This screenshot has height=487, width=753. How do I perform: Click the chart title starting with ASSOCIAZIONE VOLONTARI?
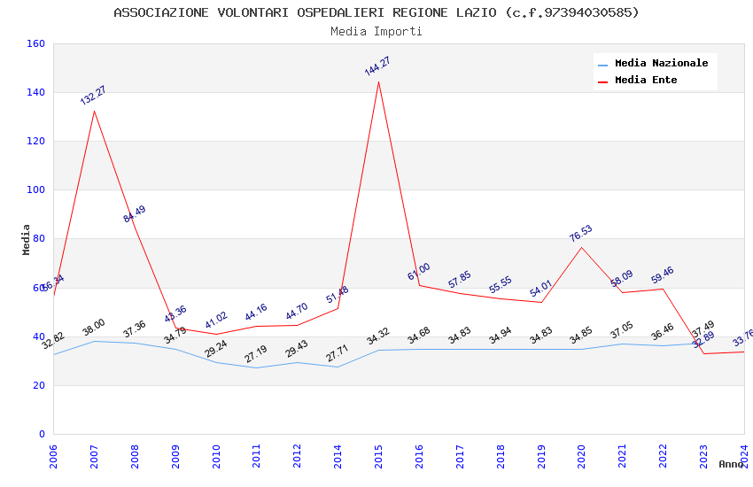point(376,12)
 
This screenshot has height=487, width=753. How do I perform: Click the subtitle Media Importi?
point(376,32)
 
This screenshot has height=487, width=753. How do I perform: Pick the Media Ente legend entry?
point(646,81)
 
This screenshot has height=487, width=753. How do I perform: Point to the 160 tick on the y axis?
point(35,44)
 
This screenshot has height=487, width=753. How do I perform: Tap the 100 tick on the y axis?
point(35,189)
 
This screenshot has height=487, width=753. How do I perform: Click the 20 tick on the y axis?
point(39,385)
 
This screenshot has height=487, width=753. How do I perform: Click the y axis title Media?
point(27,239)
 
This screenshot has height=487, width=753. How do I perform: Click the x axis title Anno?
point(731,464)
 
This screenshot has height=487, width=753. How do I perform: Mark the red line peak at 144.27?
point(378,82)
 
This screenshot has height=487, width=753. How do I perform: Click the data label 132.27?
point(93,96)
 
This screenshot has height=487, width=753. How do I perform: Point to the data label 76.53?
point(580,234)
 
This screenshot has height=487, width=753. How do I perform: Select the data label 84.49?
point(135,214)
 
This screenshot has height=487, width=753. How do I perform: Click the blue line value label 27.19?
point(256,354)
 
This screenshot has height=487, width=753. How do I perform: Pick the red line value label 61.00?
point(418,272)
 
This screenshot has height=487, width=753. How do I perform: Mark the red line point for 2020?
point(581,247)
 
